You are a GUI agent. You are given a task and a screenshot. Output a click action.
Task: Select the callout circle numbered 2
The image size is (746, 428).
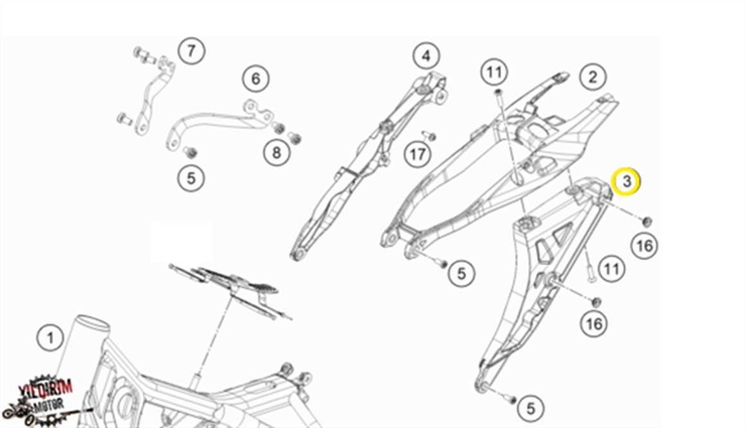592,78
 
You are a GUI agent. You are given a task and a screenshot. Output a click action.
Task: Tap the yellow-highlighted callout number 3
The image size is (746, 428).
627,182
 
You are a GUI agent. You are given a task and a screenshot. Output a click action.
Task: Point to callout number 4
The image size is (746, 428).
426,57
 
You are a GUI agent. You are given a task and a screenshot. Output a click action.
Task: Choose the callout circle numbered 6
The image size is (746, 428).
256,79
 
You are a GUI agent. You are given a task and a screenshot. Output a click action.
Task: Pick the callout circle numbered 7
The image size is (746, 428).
191,50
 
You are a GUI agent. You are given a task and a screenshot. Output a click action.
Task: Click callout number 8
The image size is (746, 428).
277,152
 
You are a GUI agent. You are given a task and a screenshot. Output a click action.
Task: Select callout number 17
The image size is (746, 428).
418,154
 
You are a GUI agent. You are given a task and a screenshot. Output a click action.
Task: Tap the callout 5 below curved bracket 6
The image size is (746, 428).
191,177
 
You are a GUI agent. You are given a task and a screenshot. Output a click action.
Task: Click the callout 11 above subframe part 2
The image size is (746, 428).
494,72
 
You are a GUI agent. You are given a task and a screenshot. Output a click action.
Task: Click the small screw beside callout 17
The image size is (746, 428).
430,136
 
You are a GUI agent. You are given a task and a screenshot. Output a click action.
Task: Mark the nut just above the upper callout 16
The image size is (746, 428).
648,221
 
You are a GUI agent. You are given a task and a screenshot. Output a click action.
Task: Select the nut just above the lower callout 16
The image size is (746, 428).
596,301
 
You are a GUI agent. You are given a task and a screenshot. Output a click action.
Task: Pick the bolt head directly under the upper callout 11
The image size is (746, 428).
498,93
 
